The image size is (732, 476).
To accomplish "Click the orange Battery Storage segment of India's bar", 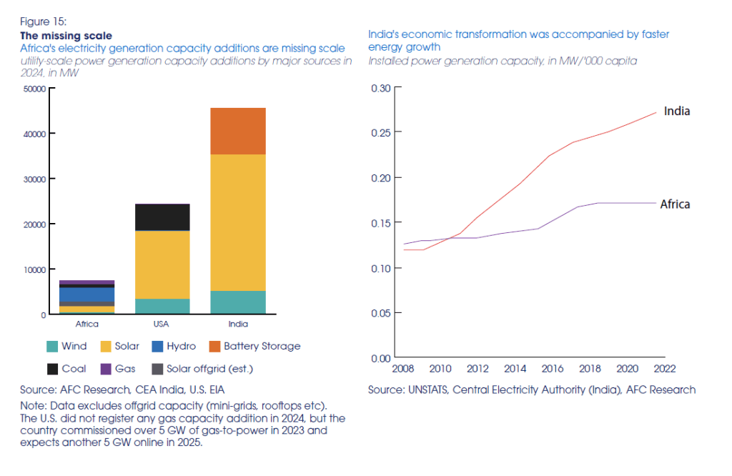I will point(238,131).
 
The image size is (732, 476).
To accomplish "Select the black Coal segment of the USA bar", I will point(163,217).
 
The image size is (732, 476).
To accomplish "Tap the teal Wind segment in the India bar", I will point(238,302).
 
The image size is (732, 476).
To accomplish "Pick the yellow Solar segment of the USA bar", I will point(163,264).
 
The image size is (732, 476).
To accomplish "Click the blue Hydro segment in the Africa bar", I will point(88,294).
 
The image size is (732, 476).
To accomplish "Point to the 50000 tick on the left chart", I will point(34,89).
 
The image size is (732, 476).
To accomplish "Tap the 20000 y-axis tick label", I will point(34,224).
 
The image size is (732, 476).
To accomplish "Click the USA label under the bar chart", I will point(163,324).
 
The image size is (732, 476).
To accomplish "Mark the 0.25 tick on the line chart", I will point(381,132).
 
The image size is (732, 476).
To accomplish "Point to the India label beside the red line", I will point(676,111).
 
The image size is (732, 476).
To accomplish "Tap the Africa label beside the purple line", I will point(674,204).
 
